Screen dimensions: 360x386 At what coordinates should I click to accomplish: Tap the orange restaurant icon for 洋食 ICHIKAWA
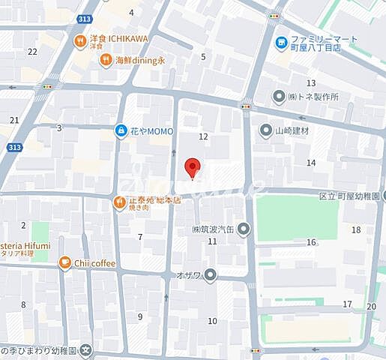[79, 41]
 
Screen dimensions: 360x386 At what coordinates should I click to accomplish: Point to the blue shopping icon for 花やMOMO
[121, 131]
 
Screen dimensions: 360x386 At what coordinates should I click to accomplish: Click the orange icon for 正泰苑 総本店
[120, 201]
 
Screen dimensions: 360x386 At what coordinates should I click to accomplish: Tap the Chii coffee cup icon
[65, 262]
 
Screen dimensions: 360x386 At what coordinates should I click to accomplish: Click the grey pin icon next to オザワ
[211, 274]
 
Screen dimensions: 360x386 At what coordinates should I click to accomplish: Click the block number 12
[203, 136]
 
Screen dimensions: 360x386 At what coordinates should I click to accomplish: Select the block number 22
[32, 52]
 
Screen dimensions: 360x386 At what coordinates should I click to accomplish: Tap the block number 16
[310, 242]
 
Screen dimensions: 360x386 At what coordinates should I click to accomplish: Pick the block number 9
[140, 316]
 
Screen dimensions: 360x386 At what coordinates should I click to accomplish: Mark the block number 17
[347, 304]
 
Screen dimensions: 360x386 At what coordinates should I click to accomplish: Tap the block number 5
[203, 57]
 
